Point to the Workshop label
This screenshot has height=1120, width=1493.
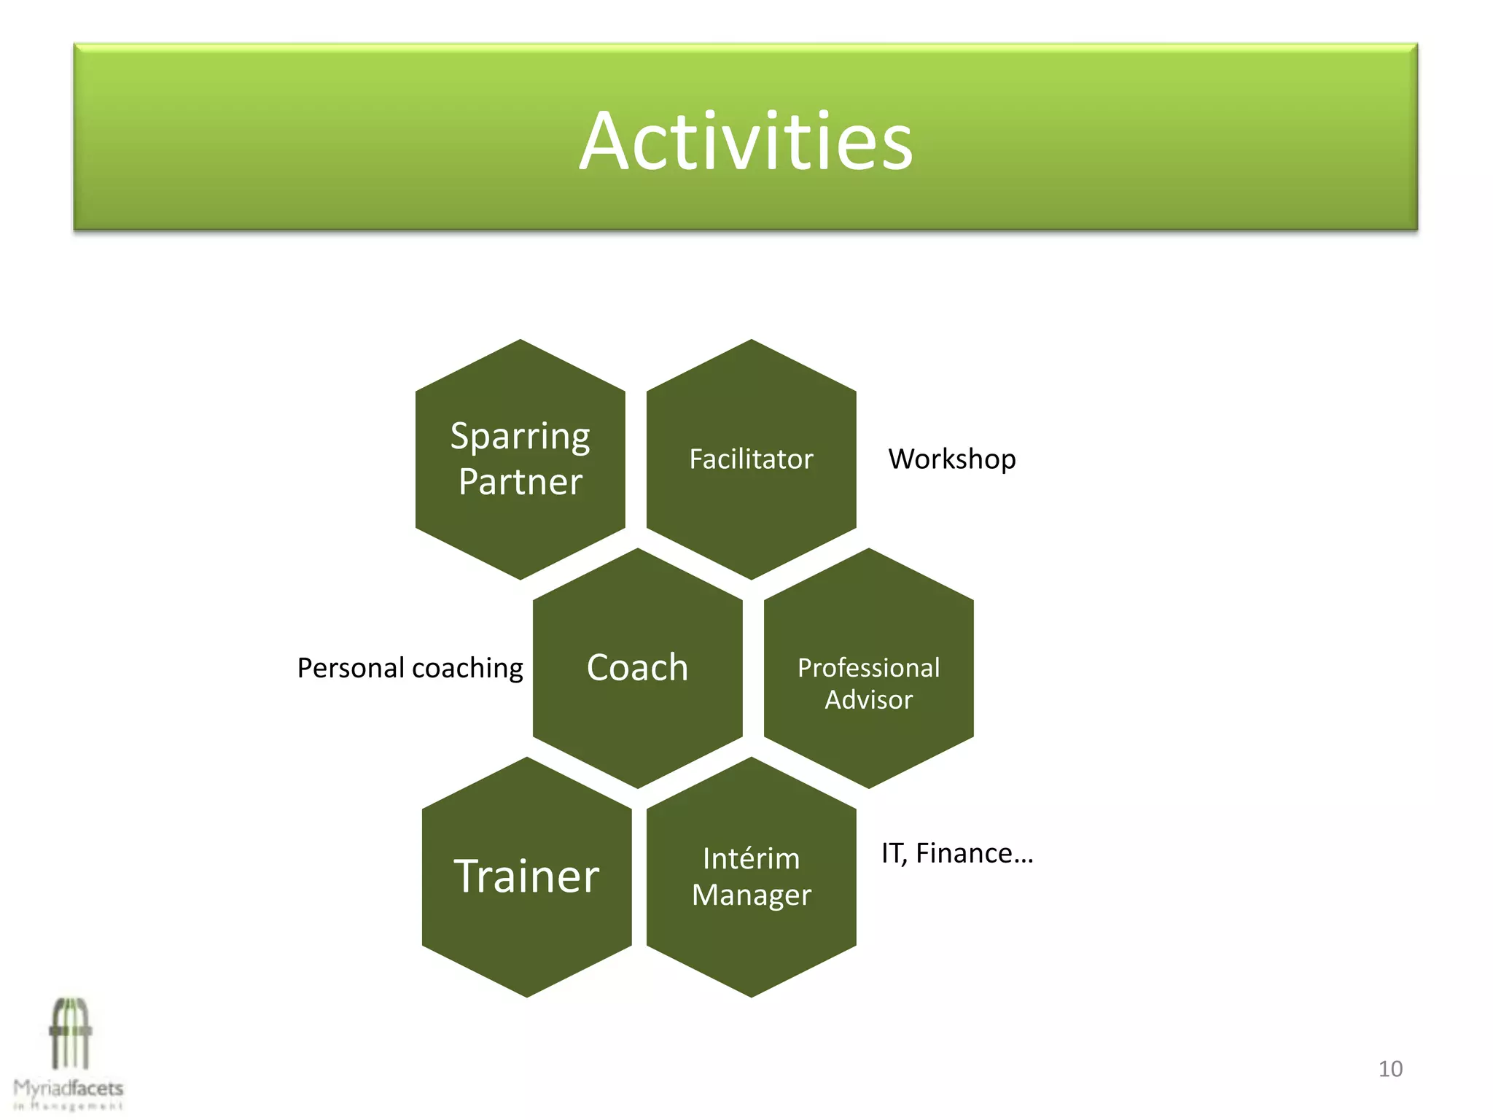(x=951, y=459)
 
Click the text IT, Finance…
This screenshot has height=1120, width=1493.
(x=956, y=852)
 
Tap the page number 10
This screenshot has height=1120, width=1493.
(x=1390, y=1069)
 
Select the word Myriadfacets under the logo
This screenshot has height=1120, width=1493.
(x=69, y=1089)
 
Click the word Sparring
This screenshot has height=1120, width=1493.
(x=520, y=437)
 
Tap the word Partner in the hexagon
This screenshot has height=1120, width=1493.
(x=520, y=482)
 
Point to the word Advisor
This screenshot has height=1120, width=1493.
(x=868, y=700)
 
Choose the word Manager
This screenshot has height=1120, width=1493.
(x=751, y=895)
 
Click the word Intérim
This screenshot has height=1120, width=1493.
(x=751, y=858)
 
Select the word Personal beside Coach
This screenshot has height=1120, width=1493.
(x=351, y=668)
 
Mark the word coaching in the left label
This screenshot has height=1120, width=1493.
(x=467, y=668)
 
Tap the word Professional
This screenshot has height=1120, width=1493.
(x=868, y=667)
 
